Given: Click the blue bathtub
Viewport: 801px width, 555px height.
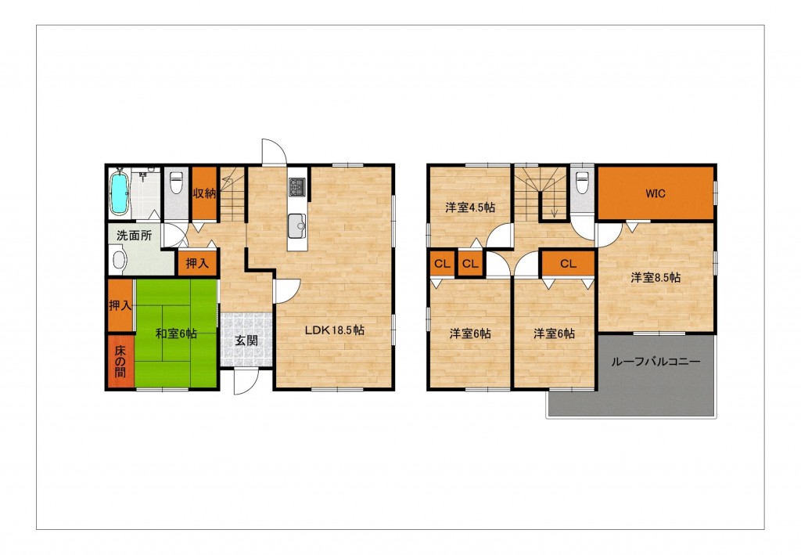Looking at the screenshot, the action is pos(119,192).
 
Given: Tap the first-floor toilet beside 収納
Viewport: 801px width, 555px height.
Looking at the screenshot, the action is pos(176,182).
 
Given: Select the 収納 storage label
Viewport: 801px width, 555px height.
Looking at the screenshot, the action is pos(204,193).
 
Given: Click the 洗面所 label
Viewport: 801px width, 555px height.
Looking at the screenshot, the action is pos(134,236).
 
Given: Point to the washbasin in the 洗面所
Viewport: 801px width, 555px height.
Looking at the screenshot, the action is pos(119,259).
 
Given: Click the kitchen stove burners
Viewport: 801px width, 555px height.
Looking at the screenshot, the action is pos(296,187).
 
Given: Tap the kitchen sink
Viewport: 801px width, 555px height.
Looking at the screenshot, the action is pos(296,225).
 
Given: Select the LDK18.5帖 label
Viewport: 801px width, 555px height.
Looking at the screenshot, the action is pos(335,330).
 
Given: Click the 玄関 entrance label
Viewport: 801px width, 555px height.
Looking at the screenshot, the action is pos(246,341).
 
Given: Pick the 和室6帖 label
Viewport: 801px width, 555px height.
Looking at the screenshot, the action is pos(176,333).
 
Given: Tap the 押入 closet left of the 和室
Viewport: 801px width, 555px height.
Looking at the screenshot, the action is pos(120,305).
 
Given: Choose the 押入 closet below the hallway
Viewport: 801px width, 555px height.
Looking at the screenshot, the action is pos(197,263).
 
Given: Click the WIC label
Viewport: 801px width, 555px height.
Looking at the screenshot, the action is pos(656,193).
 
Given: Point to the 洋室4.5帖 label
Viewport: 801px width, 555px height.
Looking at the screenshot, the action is pos(470,207).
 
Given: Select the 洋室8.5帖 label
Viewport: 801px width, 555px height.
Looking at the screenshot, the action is pos(656,277).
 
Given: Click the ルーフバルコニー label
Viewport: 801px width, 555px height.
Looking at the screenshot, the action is pos(656,362).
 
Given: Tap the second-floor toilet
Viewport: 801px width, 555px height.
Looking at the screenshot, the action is pos(582,182).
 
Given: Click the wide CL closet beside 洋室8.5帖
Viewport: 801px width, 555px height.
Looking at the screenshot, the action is pos(568,264).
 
